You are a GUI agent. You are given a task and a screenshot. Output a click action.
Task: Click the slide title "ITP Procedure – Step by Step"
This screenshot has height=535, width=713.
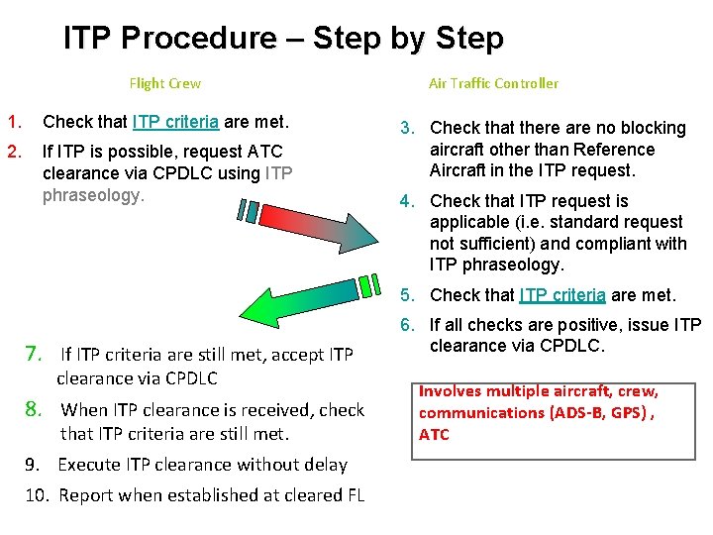pos(283,39)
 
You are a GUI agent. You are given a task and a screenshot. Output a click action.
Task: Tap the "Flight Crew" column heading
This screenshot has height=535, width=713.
pos(165,84)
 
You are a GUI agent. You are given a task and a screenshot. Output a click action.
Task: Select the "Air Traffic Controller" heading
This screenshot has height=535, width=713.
pos(493,84)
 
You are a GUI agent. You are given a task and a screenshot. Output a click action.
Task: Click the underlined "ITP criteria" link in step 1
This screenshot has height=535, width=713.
pos(175,123)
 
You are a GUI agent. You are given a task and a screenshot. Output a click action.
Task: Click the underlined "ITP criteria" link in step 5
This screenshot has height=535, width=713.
pos(562,295)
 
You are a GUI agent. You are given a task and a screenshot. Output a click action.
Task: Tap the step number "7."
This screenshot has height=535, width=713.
pos(33,354)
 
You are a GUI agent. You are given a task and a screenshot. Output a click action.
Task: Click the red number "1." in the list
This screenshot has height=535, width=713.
pos(14,123)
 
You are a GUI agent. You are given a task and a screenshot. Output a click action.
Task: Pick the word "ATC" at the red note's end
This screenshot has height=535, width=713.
pos(434,434)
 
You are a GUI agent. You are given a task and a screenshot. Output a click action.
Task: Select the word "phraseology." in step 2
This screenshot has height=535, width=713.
pos(94,195)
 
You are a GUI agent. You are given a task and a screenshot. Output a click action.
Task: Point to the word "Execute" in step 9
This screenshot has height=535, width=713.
pos(89,464)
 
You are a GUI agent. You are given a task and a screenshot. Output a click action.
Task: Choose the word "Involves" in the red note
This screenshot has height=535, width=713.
pos(452,390)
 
